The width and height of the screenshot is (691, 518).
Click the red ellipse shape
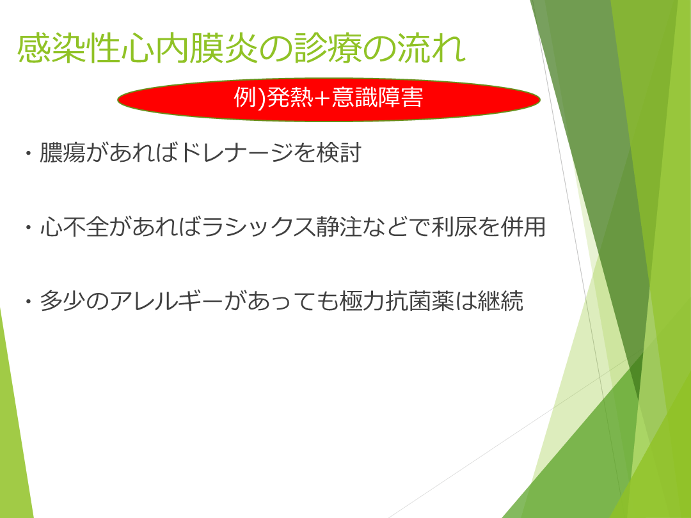pyautogui.click(x=329, y=100)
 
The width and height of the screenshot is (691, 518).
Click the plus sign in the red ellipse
pyautogui.click(x=322, y=98)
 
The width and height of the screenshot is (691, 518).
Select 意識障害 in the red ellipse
pyautogui.click(x=377, y=97)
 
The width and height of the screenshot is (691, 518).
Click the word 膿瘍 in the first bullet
pyautogui.click(x=62, y=153)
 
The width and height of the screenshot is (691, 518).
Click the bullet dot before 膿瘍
pyautogui.click(x=29, y=153)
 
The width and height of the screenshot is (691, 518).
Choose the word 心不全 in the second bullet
pyautogui.click(x=74, y=227)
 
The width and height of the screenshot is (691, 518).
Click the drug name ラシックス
pyautogui.click(x=258, y=227)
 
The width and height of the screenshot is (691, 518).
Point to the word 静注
pyautogui.click(x=338, y=227)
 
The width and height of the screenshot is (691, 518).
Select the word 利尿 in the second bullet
pyautogui.click(x=454, y=227)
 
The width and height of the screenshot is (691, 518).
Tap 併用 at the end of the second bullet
pyautogui.click(x=523, y=227)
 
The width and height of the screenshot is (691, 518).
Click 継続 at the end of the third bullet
pyautogui.click(x=500, y=301)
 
